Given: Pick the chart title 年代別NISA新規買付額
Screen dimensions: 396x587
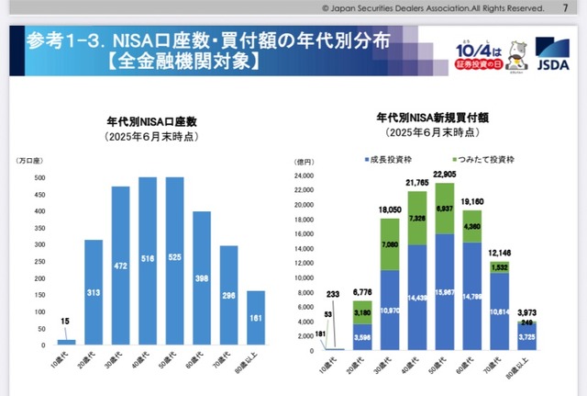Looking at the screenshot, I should pyautogui.click(x=433, y=119).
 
